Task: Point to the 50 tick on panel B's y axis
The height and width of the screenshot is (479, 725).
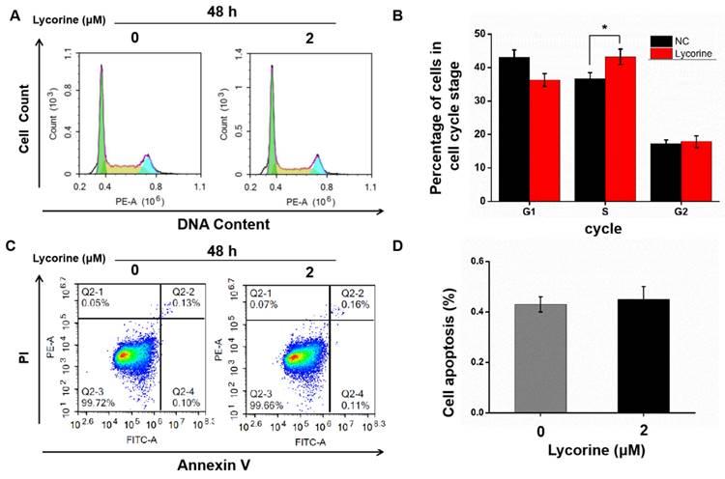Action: click(x=484, y=33)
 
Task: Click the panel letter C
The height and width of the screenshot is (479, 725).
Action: click(x=12, y=246)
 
